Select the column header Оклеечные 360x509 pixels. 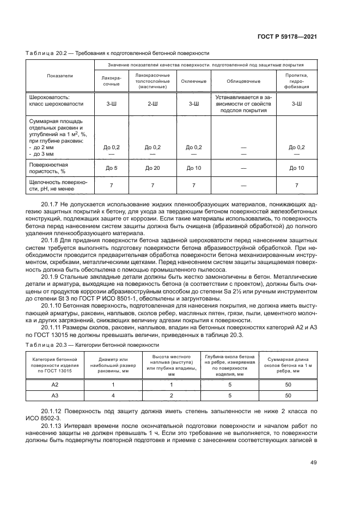coord(194,81)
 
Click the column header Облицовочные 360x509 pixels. coord(243,81)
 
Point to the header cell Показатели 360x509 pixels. coord(60,76)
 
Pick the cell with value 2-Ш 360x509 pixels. coord(152,102)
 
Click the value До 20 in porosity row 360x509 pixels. coord(152,168)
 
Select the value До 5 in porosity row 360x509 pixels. coord(111,168)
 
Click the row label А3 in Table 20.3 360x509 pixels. coord(54,396)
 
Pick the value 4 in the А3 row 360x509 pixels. coord(113,396)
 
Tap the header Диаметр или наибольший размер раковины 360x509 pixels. coord(113,363)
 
